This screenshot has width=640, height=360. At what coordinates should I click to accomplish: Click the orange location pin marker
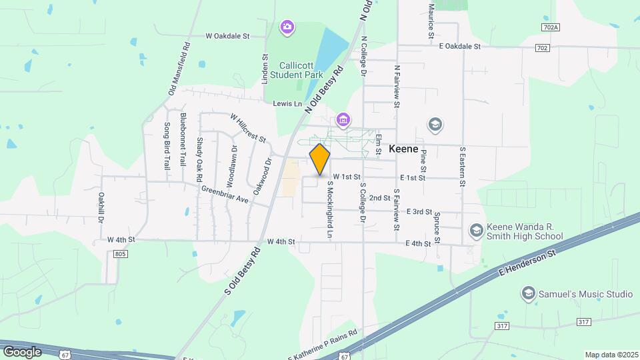[x=320, y=159]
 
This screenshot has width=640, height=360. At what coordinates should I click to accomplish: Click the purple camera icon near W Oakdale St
[x=287, y=27]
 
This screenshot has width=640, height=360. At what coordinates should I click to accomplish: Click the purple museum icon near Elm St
[x=343, y=120]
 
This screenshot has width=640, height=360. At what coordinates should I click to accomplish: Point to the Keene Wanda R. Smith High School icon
[x=476, y=231]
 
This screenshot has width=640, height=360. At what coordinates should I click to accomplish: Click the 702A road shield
[x=551, y=27]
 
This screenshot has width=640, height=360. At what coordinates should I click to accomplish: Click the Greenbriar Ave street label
[x=225, y=194]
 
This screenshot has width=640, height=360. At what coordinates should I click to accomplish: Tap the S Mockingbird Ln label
[x=329, y=211]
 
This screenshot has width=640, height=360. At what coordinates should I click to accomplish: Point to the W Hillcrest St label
[x=248, y=127]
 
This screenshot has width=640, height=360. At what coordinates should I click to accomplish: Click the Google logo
[x=22, y=351]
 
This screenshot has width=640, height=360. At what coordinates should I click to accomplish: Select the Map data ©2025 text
[x=611, y=355]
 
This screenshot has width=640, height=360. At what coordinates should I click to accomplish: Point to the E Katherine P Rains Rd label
[x=323, y=344]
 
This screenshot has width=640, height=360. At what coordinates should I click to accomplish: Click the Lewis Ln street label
[x=288, y=103]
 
